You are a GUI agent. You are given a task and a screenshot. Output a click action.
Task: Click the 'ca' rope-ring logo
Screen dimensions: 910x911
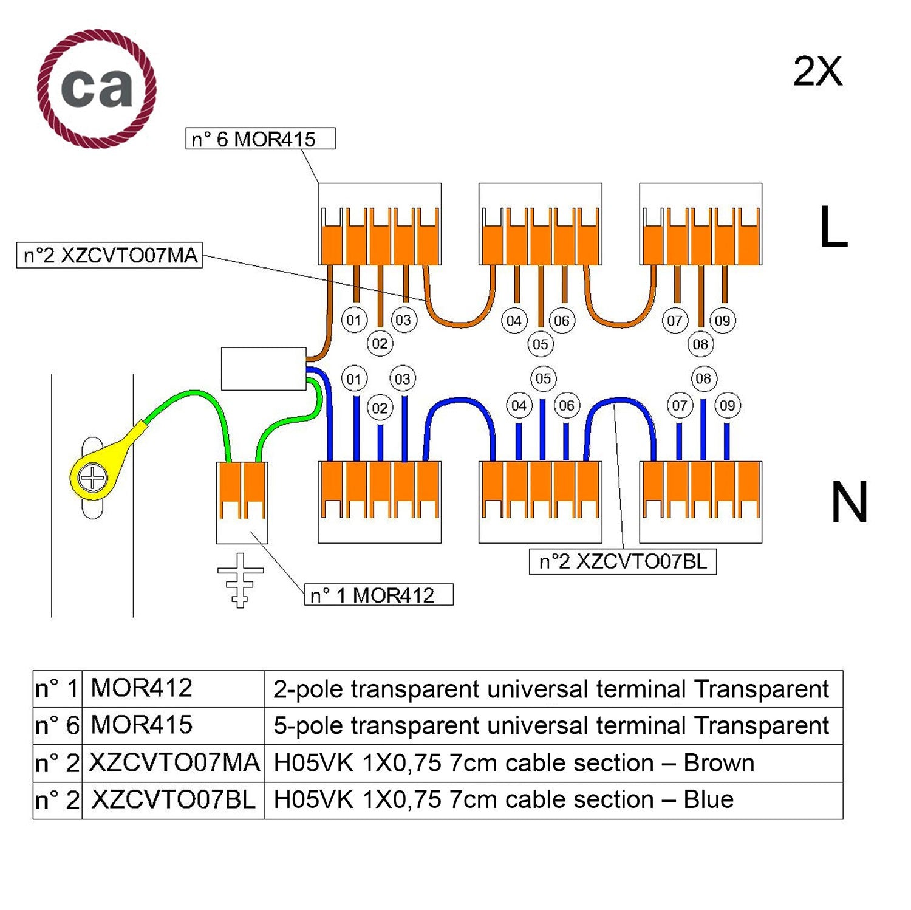(x=97, y=89)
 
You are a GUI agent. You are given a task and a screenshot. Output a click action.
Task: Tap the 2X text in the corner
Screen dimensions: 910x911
(x=817, y=72)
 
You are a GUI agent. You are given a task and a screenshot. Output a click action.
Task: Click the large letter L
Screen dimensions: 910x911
(x=833, y=227)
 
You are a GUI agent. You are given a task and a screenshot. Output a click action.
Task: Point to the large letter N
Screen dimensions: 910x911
(x=848, y=502)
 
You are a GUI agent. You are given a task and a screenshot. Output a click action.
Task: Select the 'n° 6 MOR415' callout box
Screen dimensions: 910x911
(x=260, y=139)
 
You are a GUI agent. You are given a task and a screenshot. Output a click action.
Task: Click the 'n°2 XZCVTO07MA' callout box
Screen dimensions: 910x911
(x=109, y=256)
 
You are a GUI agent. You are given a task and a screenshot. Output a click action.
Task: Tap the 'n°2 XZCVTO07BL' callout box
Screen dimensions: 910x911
(x=623, y=561)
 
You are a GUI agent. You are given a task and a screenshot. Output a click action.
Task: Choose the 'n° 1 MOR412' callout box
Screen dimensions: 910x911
(x=378, y=595)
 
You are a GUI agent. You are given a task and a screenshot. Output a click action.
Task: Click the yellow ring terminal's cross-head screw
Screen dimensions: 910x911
(x=93, y=477)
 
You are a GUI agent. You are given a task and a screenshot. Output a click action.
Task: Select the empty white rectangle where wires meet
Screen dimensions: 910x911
(x=264, y=369)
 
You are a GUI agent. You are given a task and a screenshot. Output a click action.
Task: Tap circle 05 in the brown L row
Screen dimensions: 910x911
(x=540, y=344)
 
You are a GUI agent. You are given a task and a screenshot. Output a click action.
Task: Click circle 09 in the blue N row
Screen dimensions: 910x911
(x=727, y=405)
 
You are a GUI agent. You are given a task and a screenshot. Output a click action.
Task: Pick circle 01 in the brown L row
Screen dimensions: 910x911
(x=353, y=320)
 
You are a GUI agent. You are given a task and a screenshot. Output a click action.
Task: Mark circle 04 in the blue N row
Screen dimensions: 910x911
(x=518, y=405)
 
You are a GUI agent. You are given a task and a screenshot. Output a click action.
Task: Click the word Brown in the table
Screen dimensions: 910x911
(x=718, y=763)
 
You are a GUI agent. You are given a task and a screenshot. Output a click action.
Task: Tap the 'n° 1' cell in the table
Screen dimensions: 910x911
(x=57, y=689)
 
